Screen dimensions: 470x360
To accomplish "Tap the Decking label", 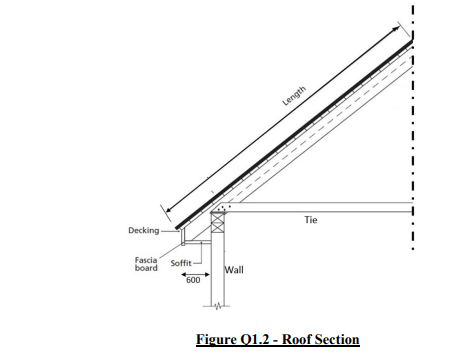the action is tap(143, 231).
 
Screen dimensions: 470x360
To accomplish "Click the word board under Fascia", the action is tap(146, 268).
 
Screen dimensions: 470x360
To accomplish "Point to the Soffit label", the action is tap(181, 262).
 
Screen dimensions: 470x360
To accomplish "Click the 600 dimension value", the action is tap(192, 280).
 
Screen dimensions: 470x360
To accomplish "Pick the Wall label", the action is tap(235, 270).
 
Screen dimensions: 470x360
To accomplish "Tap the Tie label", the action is tap(310, 220).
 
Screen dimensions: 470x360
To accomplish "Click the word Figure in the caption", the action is tap(219, 340).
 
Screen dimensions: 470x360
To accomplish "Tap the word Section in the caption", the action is tap(339, 340).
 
